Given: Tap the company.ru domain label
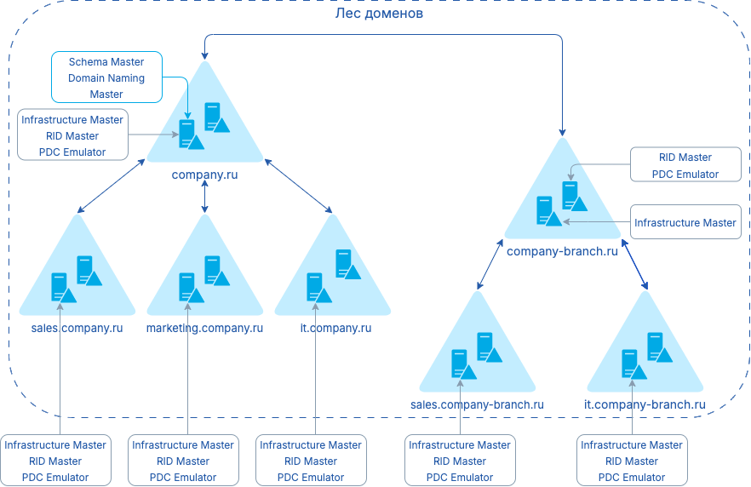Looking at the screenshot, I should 204,175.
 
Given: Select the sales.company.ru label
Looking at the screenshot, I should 77,328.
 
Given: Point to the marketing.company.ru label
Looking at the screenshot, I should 204,328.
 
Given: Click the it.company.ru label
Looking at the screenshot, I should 332,328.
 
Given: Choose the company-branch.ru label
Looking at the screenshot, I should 562,251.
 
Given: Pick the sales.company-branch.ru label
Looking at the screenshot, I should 477,404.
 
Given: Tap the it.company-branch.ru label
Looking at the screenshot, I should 645,404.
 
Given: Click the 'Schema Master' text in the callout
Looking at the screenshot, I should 106,62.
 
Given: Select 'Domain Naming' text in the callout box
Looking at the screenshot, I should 106,78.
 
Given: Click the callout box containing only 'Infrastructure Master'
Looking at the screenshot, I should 685,223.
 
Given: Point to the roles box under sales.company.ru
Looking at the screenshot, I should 55,461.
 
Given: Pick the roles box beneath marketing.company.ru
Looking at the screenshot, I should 183,461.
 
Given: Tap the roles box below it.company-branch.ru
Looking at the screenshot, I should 632,461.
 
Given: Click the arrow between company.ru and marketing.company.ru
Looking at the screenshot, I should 204,196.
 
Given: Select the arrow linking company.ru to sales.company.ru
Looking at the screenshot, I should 111,186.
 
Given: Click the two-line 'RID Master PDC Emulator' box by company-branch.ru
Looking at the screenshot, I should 685,166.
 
